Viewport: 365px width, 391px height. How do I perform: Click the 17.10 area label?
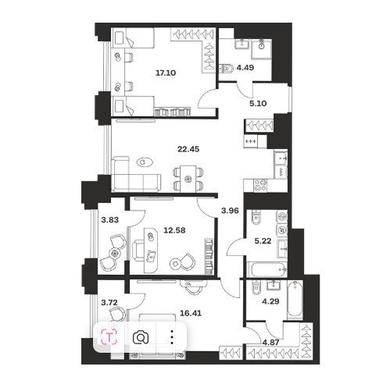tap(166, 73)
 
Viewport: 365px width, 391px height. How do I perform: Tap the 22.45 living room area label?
tap(188, 149)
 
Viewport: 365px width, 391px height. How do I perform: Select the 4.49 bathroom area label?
tap(245, 68)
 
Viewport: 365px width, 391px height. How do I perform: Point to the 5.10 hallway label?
tap(258, 104)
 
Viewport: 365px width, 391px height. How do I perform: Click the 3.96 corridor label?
tap(230, 211)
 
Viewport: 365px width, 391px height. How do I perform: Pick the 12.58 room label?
tap(174, 230)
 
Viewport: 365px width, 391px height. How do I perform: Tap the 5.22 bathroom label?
tap(263, 241)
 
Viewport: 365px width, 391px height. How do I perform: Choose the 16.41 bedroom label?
tap(191, 313)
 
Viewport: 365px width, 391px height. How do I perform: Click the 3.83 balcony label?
tap(110, 220)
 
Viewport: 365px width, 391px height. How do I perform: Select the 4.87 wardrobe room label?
tap(271, 343)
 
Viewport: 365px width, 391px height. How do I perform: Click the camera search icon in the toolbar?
tap(141, 337)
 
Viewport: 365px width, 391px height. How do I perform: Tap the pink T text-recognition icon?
tap(110, 337)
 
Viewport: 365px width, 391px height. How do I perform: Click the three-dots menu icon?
tap(172, 337)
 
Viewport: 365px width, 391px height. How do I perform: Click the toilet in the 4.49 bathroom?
tap(227, 69)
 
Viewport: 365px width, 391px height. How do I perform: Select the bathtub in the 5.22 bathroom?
tap(267, 269)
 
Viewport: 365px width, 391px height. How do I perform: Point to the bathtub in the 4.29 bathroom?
tap(295, 300)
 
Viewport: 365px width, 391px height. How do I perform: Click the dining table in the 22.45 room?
tap(188, 179)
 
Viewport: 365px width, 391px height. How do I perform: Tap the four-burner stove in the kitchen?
tap(260, 185)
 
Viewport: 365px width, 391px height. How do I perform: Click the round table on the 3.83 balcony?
tap(114, 253)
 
